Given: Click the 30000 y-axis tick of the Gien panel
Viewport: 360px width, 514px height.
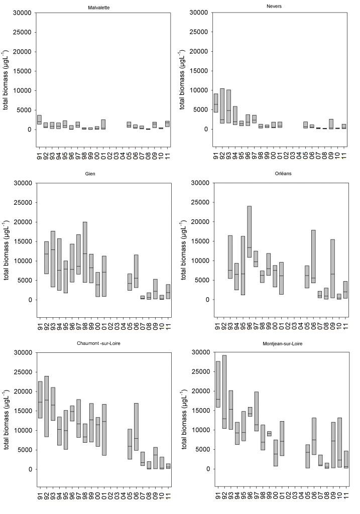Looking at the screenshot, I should point(22,183).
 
